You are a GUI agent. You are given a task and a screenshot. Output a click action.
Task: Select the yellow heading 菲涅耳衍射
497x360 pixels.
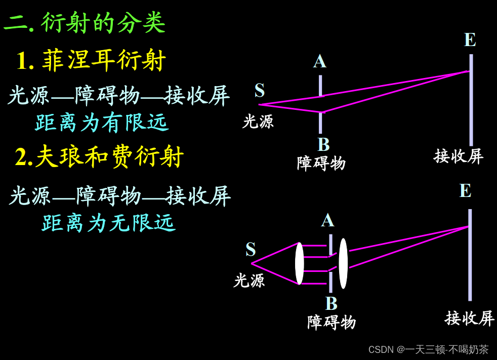pyautogui.click(x=104, y=61)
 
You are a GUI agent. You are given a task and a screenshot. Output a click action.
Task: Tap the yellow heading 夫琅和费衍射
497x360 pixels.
pyautogui.click(x=109, y=157)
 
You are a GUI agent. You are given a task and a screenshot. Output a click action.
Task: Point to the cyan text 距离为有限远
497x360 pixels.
pyautogui.click(x=102, y=123)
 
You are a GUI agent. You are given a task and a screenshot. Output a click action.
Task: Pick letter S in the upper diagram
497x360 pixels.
pyautogui.click(x=260, y=91)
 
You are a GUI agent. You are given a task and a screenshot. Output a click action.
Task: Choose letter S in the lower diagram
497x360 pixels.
pyautogui.click(x=251, y=250)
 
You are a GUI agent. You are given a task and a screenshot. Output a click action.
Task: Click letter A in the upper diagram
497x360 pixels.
pyautogui.click(x=320, y=62)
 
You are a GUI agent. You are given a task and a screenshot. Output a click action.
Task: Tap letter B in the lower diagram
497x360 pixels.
pyautogui.click(x=331, y=304)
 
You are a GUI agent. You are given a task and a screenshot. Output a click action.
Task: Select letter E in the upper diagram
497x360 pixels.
pyautogui.click(x=470, y=40)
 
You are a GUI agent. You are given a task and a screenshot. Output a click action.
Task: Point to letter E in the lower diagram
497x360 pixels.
pyautogui.click(x=465, y=191)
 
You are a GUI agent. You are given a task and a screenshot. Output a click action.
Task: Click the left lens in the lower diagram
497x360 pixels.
pyautogui.click(x=300, y=263)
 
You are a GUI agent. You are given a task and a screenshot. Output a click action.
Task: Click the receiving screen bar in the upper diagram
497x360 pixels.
pyautogui.click(x=471, y=101)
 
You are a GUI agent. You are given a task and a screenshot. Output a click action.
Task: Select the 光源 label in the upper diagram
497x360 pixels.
pyautogui.click(x=258, y=122)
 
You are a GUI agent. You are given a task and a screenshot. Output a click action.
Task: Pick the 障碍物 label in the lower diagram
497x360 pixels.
pyautogui.click(x=332, y=322)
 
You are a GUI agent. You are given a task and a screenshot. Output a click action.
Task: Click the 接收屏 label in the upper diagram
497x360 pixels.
pyautogui.click(x=459, y=156)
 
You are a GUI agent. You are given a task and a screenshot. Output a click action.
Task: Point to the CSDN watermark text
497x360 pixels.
pyautogui.click(x=428, y=349)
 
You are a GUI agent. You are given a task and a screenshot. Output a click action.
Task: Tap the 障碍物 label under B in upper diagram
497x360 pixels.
pyautogui.click(x=321, y=163)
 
